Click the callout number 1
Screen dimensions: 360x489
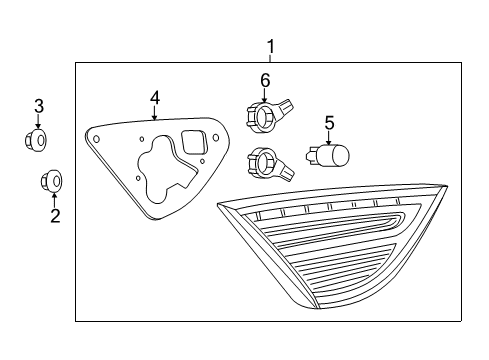[x=269, y=45]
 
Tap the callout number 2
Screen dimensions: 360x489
[x=55, y=215]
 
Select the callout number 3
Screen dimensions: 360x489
[x=39, y=105]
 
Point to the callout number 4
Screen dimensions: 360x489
[x=155, y=97]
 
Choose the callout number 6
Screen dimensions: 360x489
[x=265, y=80]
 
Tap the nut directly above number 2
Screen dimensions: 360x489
[x=51, y=181]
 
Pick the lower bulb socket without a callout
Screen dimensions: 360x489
[x=268, y=160]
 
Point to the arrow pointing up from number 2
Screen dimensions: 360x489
[x=55, y=197]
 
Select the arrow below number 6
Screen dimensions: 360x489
[x=265, y=95]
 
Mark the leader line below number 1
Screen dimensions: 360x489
[x=269, y=57]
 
